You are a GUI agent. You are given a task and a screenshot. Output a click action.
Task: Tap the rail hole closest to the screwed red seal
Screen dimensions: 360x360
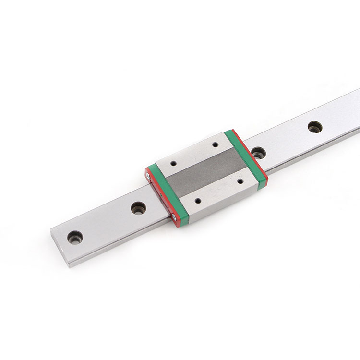pos(137,208)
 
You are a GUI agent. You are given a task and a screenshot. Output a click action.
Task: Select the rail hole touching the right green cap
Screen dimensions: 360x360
pos(258,153)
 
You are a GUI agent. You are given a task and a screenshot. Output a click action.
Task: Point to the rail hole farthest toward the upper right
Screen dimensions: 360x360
pos(314,126)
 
